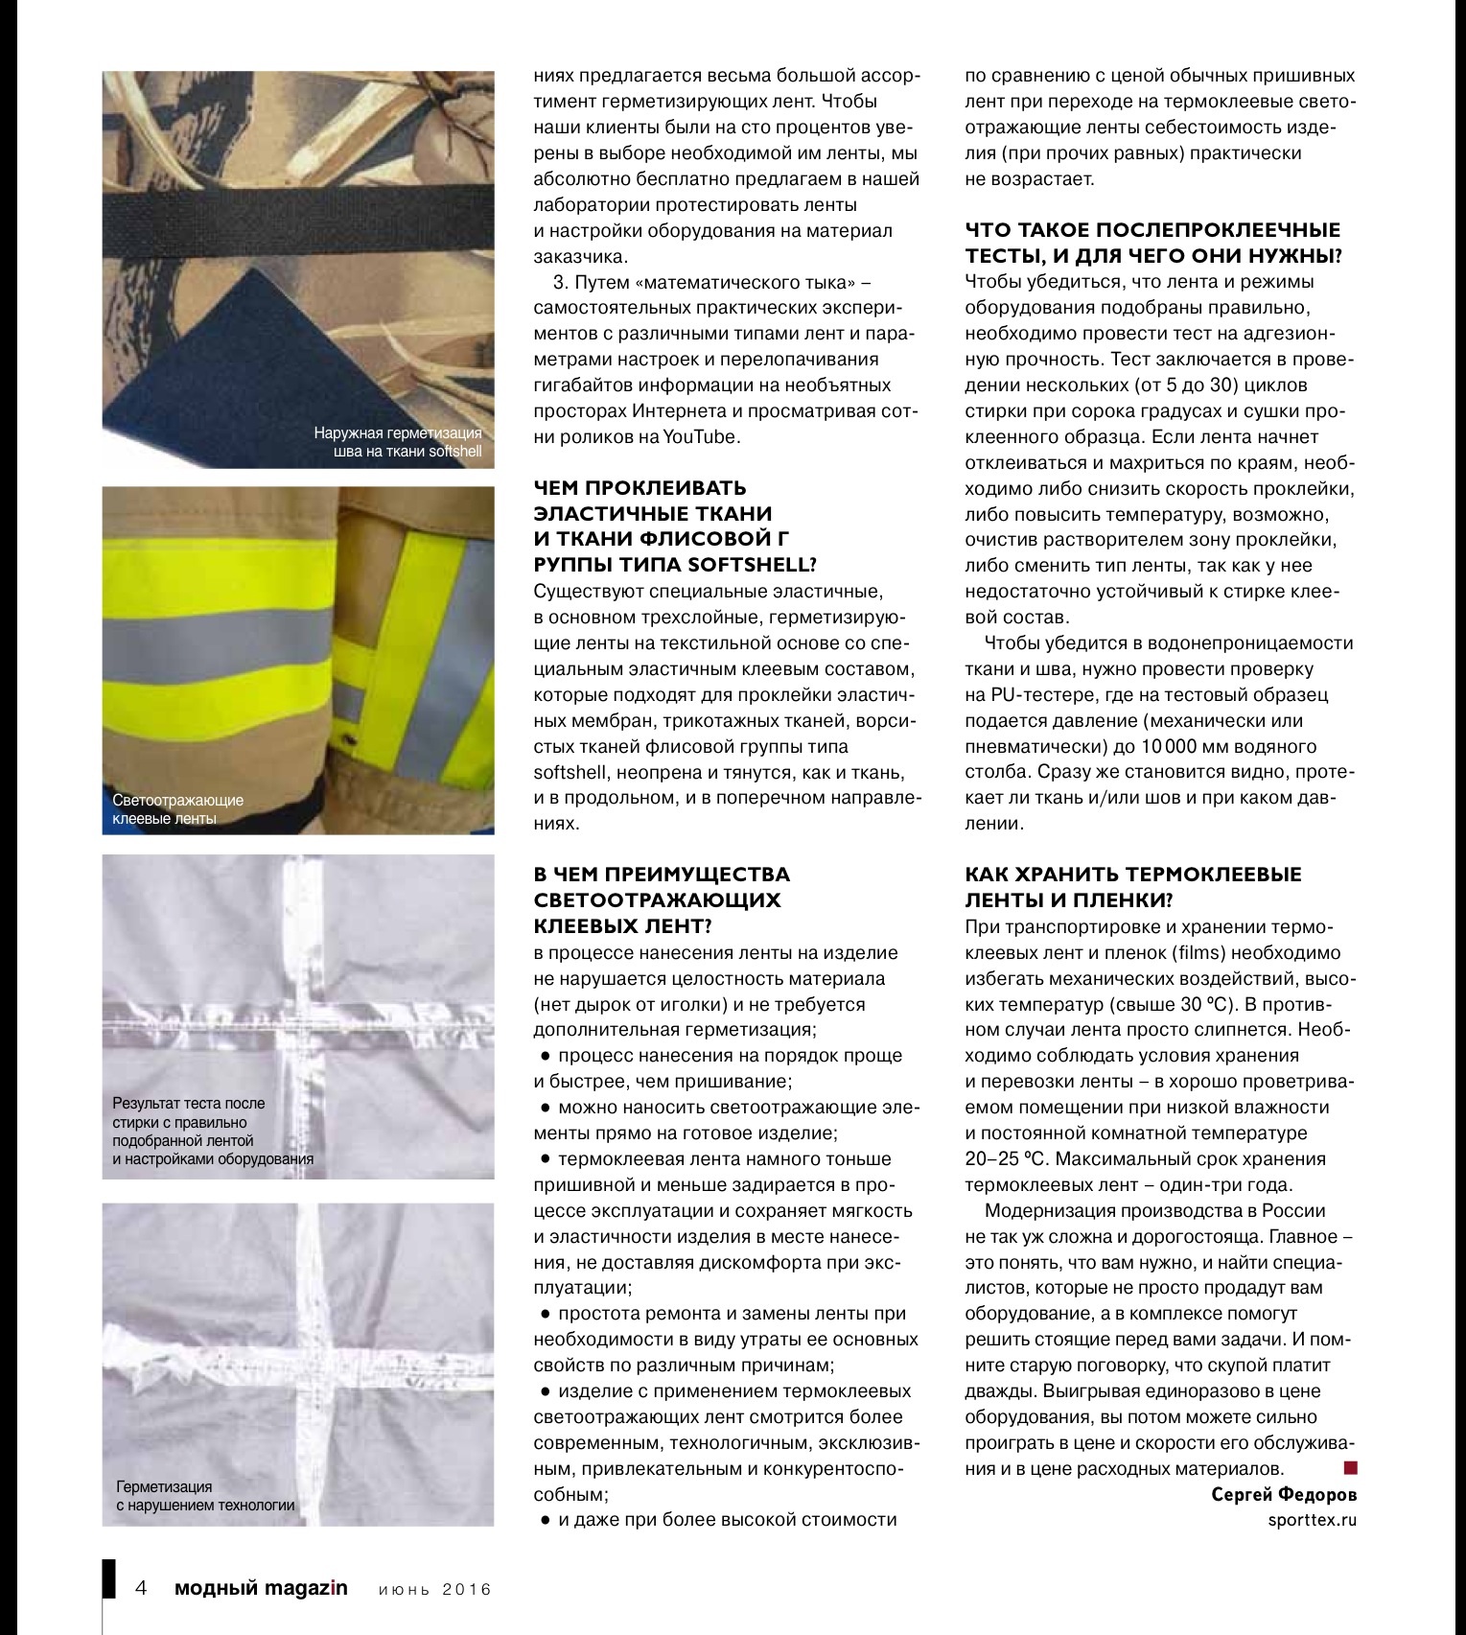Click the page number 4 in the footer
coord(140,1588)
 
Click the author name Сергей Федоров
coord(1285,1495)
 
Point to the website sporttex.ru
coord(1312,1520)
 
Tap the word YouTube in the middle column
coord(701,436)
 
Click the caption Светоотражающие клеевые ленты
coord(177,809)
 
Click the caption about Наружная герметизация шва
coord(398,442)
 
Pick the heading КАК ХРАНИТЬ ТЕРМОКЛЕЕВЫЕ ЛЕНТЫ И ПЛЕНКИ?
coord(1132,887)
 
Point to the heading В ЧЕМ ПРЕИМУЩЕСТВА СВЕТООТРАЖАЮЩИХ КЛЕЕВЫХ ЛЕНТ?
coord(662,899)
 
